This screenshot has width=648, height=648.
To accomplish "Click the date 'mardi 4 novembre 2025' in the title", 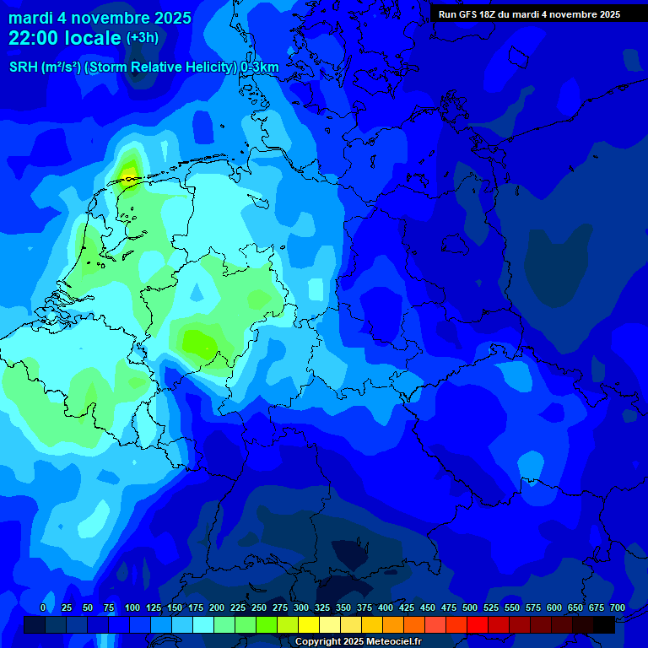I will pos(100,18).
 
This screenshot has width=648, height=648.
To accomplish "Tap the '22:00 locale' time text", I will pos(65,38).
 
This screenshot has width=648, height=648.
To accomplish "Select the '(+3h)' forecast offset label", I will pos(142,38).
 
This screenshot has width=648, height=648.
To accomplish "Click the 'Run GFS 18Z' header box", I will pos(529,14).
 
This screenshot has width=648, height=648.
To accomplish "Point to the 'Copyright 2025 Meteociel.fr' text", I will pos(359,642).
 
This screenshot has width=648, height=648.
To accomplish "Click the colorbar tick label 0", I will pos(43,608).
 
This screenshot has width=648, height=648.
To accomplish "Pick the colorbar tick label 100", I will pos(132,608).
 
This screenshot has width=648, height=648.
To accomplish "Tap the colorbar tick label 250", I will pos(259,608).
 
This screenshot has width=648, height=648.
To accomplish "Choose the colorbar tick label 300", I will pos(301,608).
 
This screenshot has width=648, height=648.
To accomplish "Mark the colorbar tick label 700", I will pos(618,608).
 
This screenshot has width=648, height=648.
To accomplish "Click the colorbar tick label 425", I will pos(407,608).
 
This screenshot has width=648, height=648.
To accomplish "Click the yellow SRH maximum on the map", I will pos(129,174).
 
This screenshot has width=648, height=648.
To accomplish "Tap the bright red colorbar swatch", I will pos(478,624).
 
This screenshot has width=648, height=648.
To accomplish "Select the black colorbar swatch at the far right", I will pos(604,624).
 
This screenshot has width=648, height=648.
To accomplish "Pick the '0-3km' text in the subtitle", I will pos(260,67).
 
